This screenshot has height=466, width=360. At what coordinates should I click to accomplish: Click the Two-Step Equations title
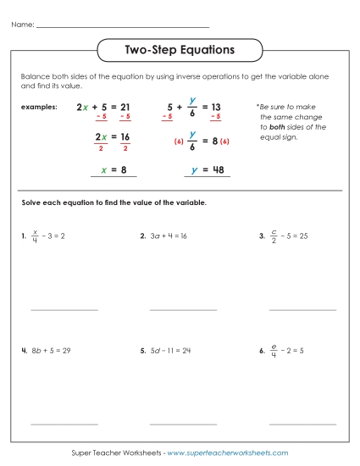(180, 51)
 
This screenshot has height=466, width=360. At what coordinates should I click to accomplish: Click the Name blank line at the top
(123, 28)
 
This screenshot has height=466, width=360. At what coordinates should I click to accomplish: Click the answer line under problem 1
(64, 310)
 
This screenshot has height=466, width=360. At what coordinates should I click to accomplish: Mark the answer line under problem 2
(183, 310)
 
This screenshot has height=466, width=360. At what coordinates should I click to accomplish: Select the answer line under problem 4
(64, 424)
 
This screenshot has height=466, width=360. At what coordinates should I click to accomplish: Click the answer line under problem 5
(183, 424)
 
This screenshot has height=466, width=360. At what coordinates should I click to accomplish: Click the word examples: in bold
(41, 108)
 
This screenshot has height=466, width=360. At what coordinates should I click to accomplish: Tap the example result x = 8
(114, 169)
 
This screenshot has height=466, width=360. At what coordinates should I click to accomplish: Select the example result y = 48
(207, 169)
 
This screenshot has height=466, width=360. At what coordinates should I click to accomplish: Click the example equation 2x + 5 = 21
(103, 108)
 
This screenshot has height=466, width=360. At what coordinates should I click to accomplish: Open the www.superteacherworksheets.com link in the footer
(228, 453)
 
